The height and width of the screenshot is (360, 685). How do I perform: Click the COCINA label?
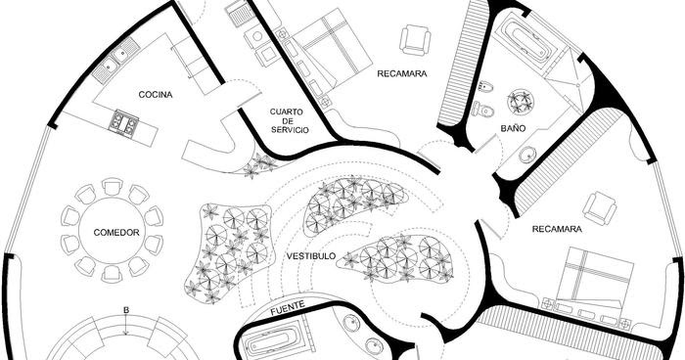pos(156,95)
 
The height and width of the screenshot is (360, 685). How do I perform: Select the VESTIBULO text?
pos(311,256)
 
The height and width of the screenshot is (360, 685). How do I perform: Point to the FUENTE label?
pos(288,307)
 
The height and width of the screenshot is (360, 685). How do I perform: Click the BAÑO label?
pos(514,128)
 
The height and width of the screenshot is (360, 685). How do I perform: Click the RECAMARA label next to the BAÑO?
pos(402,72)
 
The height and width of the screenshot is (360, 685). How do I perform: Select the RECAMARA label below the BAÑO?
pos(557,230)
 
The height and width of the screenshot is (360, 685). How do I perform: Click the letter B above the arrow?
pos(125,311)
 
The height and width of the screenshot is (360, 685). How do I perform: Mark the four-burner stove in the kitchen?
pos(123,123)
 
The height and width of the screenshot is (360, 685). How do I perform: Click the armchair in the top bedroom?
pos(415,39)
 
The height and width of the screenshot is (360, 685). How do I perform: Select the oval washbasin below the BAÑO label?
pos(527,155)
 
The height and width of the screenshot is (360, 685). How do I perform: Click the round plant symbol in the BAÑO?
pos(518,102)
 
